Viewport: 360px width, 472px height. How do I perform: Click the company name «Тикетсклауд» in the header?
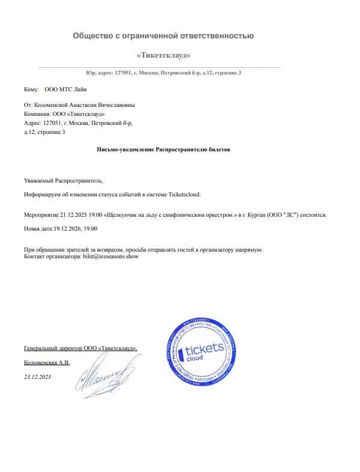point(163,56)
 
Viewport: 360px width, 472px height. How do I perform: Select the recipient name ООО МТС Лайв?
point(65,89)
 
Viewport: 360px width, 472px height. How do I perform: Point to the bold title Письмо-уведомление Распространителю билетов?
point(163,148)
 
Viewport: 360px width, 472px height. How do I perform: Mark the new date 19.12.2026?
point(67,229)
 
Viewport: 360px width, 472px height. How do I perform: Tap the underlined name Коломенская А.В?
point(47,363)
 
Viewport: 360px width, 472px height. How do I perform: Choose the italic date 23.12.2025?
point(38,377)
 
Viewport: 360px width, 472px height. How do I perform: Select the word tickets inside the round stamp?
point(205,349)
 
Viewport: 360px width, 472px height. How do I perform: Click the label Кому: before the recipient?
point(31,89)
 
